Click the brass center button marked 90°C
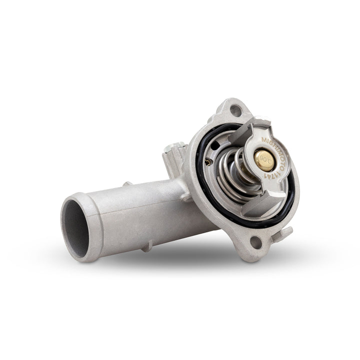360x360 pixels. click(263, 159)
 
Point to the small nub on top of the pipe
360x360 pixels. click(127, 184)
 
